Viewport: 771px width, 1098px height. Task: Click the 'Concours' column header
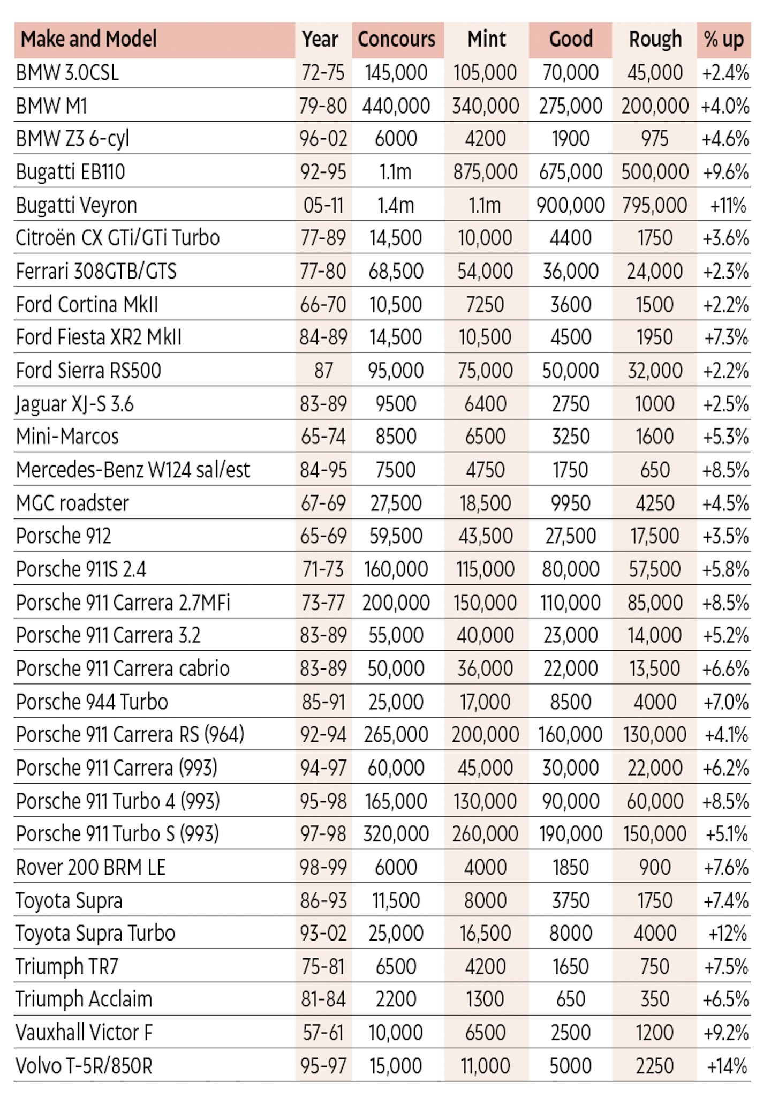pyautogui.click(x=397, y=39)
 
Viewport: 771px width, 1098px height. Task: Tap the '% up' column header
pyautogui.click(x=724, y=40)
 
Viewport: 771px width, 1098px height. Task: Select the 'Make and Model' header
pyautogui.click(x=88, y=39)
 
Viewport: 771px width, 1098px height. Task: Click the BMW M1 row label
pyautogui.click(x=51, y=106)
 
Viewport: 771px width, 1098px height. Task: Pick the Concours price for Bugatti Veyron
pyautogui.click(x=396, y=205)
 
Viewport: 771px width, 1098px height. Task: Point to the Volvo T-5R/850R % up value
pyautogui.click(x=727, y=1066)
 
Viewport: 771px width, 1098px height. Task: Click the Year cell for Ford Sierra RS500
pyautogui.click(x=323, y=370)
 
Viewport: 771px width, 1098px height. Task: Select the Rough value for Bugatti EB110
pyautogui.click(x=655, y=172)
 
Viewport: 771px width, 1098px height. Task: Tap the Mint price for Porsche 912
pyautogui.click(x=485, y=536)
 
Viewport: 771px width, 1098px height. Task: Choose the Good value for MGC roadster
pyautogui.click(x=571, y=503)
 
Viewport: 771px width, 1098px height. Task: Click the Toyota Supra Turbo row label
pyautogui.click(x=95, y=934)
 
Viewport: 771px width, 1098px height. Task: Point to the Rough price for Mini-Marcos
pyautogui.click(x=655, y=437)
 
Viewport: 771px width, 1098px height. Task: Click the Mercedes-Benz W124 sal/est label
pyautogui.click(x=133, y=470)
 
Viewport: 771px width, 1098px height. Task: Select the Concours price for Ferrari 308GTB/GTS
pyautogui.click(x=396, y=271)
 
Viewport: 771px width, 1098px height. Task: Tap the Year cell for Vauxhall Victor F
pyautogui.click(x=323, y=1033)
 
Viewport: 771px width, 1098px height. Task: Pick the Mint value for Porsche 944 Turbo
pyautogui.click(x=485, y=702)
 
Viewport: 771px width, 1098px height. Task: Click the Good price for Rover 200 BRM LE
pyautogui.click(x=571, y=867)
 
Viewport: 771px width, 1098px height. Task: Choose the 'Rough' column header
pyautogui.click(x=655, y=40)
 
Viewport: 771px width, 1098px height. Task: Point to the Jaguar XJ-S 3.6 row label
pyautogui.click(x=74, y=404)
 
